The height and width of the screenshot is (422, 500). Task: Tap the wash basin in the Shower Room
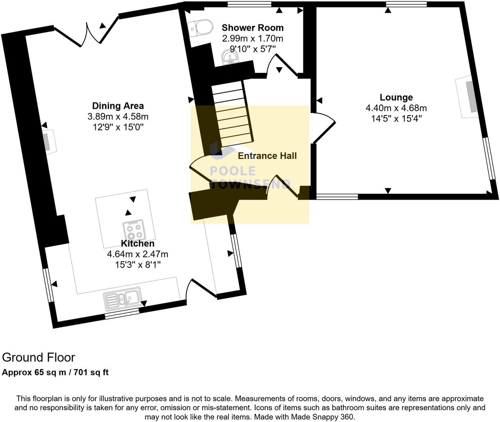click(230, 58)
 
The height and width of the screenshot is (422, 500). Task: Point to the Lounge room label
click(396, 97)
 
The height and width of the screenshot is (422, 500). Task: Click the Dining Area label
click(118, 106)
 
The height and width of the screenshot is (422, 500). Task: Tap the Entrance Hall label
click(267, 156)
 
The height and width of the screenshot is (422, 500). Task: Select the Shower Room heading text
click(252, 27)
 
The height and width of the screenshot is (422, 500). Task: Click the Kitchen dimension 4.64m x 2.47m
click(138, 254)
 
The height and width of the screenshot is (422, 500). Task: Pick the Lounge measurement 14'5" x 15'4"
click(396, 119)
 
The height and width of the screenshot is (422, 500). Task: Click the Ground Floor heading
click(38, 357)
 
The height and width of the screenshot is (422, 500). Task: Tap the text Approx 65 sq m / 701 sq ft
click(55, 373)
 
